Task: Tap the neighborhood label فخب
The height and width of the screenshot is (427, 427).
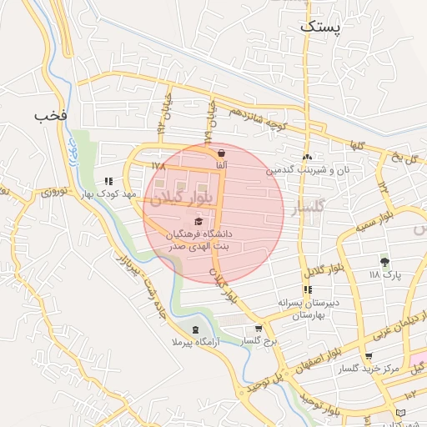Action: point(50,114)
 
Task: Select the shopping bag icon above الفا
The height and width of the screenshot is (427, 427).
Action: point(221,153)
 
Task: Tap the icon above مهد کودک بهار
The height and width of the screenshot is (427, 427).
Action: point(108,180)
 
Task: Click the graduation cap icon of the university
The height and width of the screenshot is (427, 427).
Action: point(198,221)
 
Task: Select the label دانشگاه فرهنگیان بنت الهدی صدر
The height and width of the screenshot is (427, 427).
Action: point(198,241)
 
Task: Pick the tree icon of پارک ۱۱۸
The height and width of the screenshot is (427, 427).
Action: point(384,261)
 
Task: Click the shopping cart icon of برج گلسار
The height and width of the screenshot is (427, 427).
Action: point(259,328)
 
